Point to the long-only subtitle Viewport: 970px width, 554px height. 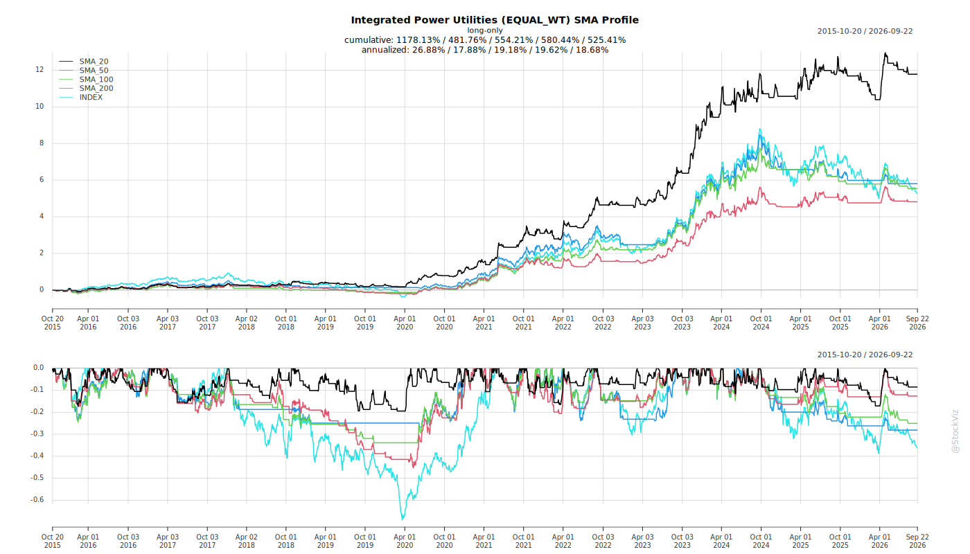(484, 30)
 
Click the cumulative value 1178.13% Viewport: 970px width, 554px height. (418, 40)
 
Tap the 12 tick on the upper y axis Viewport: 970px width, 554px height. (39, 70)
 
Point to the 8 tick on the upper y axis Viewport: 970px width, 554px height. (42, 143)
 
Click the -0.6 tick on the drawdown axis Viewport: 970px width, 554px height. (37, 499)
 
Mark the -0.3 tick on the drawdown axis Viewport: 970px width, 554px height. (37, 434)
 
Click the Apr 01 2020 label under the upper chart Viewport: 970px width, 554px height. (405, 323)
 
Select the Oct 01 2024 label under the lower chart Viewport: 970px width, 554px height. (761, 541)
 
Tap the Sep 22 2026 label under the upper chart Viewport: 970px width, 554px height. (917, 323)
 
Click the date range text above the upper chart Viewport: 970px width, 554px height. (865, 31)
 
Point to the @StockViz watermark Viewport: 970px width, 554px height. (955, 431)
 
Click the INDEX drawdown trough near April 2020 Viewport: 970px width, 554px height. (403, 519)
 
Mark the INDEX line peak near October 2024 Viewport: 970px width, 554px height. (759, 129)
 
